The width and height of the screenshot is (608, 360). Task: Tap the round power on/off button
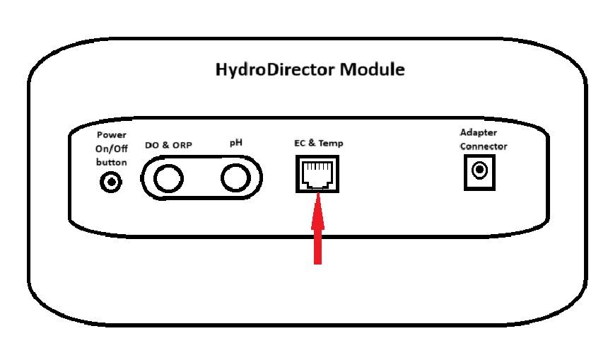click(x=111, y=183)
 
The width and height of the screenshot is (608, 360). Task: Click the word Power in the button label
click(x=111, y=134)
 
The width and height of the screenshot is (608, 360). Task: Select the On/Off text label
click(x=111, y=148)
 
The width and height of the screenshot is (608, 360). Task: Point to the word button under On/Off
click(x=111, y=162)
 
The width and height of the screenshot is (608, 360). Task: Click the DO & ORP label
click(x=168, y=146)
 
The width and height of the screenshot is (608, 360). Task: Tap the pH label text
click(x=235, y=144)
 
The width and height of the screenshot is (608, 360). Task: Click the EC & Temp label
click(x=319, y=144)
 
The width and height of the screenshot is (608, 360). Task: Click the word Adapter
click(x=479, y=133)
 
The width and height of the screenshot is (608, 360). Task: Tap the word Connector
click(x=484, y=146)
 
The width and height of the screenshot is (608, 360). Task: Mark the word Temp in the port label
click(x=330, y=144)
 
